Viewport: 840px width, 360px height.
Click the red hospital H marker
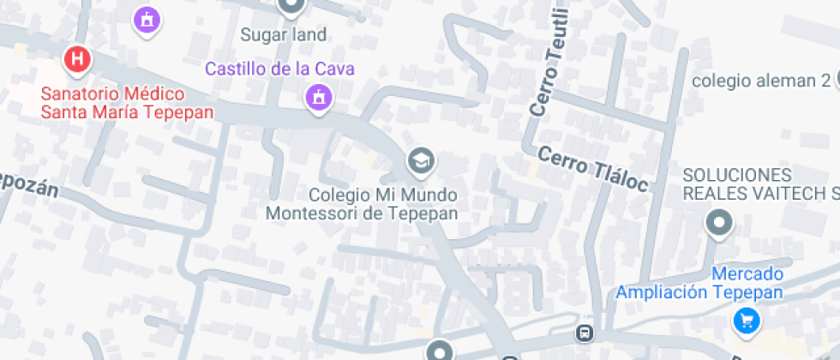pyautogui.click(x=78, y=59)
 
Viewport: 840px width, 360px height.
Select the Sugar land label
pyautogui.click(x=283, y=35)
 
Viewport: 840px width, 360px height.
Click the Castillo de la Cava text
pyautogui.click(x=279, y=69)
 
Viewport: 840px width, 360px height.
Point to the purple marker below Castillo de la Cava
pyautogui.click(x=319, y=97)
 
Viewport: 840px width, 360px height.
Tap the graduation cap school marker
pyautogui.click(x=420, y=159)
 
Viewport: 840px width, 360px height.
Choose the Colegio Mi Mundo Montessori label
pyautogui.click(x=361, y=203)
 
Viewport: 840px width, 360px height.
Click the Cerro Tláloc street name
pyautogui.click(x=592, y=168)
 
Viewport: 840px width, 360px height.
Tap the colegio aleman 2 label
pyautogui.click(x=761, y=81)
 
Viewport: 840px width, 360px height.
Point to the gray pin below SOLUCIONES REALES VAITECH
pyautogui.click(x=719, y=224)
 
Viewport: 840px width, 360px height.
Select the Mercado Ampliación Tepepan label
pyautogui.click(x=699, y=284)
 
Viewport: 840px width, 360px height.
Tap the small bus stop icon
pyautogui.click(x=585, y=332)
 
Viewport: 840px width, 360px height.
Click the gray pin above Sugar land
pyautogui.click(x=291, y=6)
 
